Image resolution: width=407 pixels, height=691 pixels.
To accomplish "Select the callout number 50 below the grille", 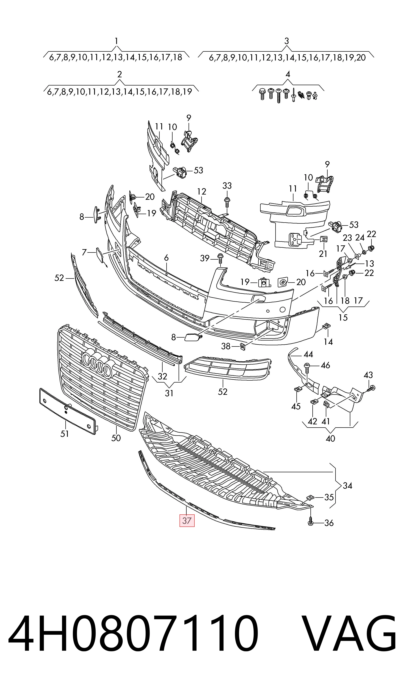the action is (x=116, y=438).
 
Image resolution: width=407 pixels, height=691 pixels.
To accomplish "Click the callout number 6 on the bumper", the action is (x=166, y=258).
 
